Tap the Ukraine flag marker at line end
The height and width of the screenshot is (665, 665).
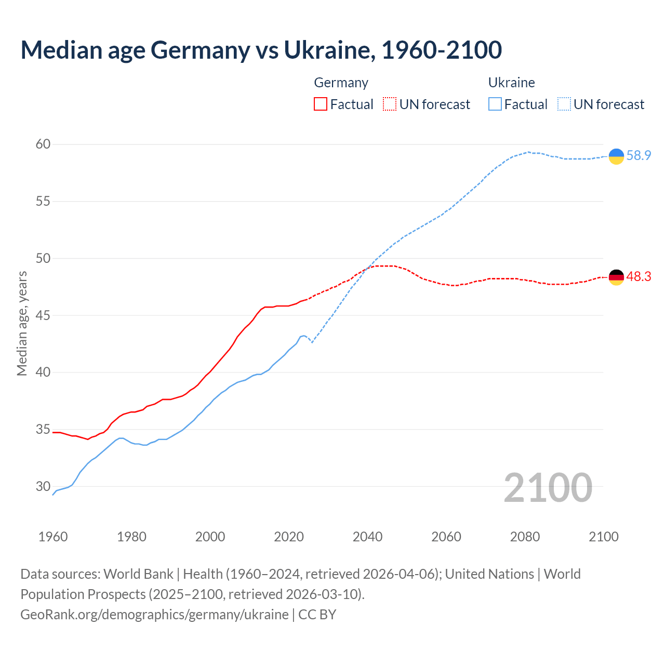(616, 156)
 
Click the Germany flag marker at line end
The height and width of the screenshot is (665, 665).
(616, 277)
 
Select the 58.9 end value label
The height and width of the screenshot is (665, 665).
(639, 155)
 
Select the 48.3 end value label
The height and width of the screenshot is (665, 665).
(639, 277)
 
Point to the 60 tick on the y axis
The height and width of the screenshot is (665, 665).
(43, 144)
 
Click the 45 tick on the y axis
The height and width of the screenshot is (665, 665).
(43, 315)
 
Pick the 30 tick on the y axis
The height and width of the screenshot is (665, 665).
(43, 487)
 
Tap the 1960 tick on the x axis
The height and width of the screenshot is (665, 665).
(53, 537)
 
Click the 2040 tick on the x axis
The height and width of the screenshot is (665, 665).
(367, 537)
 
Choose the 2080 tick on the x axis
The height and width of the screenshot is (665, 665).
(525, 537)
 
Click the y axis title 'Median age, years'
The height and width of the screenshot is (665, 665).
(22, 323)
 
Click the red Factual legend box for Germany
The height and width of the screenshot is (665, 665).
(321, 104)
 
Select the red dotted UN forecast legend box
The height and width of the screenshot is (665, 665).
(390, 104)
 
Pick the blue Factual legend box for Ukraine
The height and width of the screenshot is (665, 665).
(495, 104)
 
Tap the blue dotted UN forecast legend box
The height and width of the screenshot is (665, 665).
(564, 104)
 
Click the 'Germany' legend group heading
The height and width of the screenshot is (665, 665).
(341, 83)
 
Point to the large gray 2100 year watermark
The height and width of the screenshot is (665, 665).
(548, 488)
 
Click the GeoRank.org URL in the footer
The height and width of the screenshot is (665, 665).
(154, 615)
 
